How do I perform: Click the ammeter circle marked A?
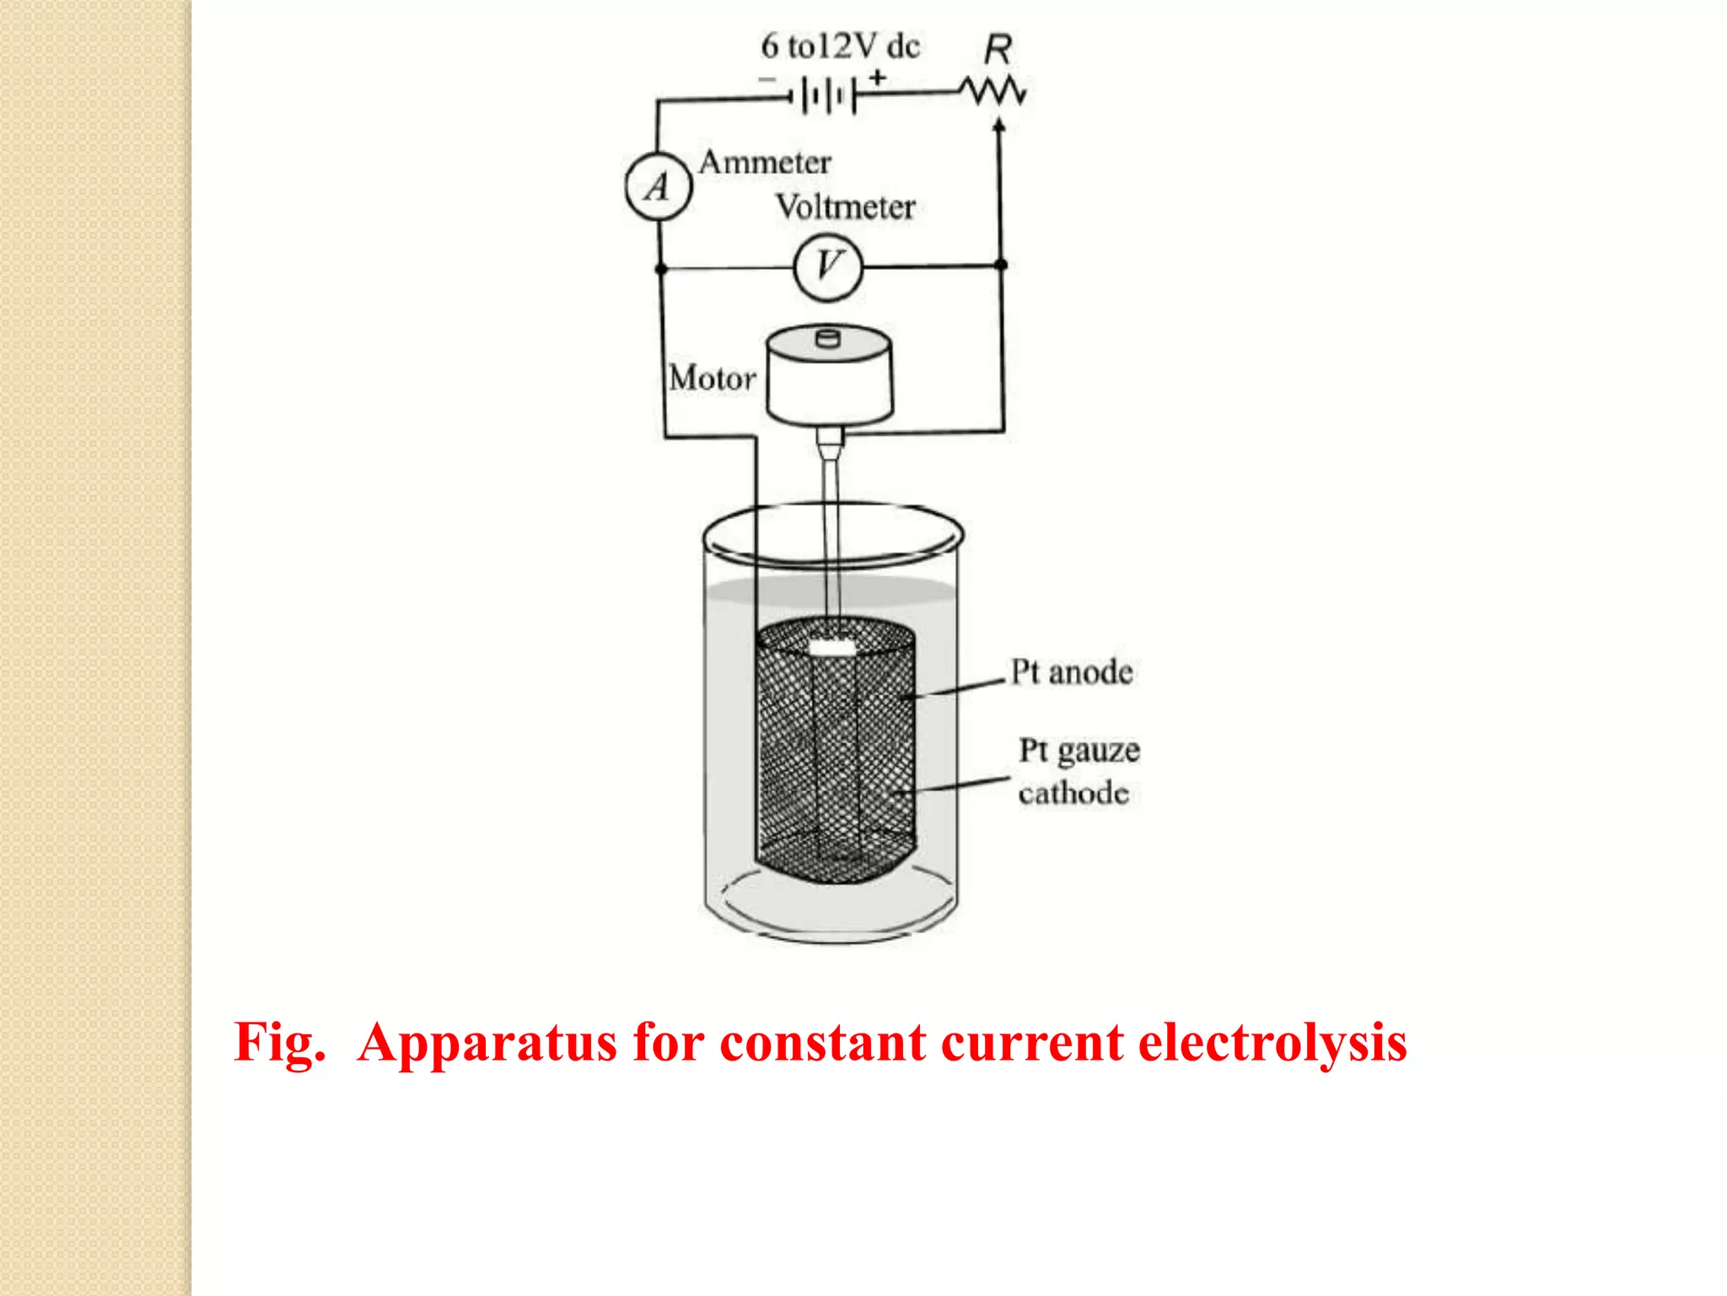(x=659, y=186)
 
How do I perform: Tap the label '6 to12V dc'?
(x=840, y=46)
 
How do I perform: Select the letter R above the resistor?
(x=998, y=50)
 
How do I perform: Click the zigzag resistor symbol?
(x=995, y=91)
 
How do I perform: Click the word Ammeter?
(x=765, y=162)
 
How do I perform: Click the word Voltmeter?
(x=845, y=208)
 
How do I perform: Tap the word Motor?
(x=712, y=378)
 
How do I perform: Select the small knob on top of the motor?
(x=829, y=338)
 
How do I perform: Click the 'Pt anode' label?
(x=1071, y=672)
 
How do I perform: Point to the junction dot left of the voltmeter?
(x=661, y=269)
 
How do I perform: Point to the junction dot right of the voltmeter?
(x=1001, y=265)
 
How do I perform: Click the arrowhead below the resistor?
(x=999, y=126)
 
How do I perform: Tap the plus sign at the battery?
(x=878, y=77)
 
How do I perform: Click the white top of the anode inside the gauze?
(x=831, y=648)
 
